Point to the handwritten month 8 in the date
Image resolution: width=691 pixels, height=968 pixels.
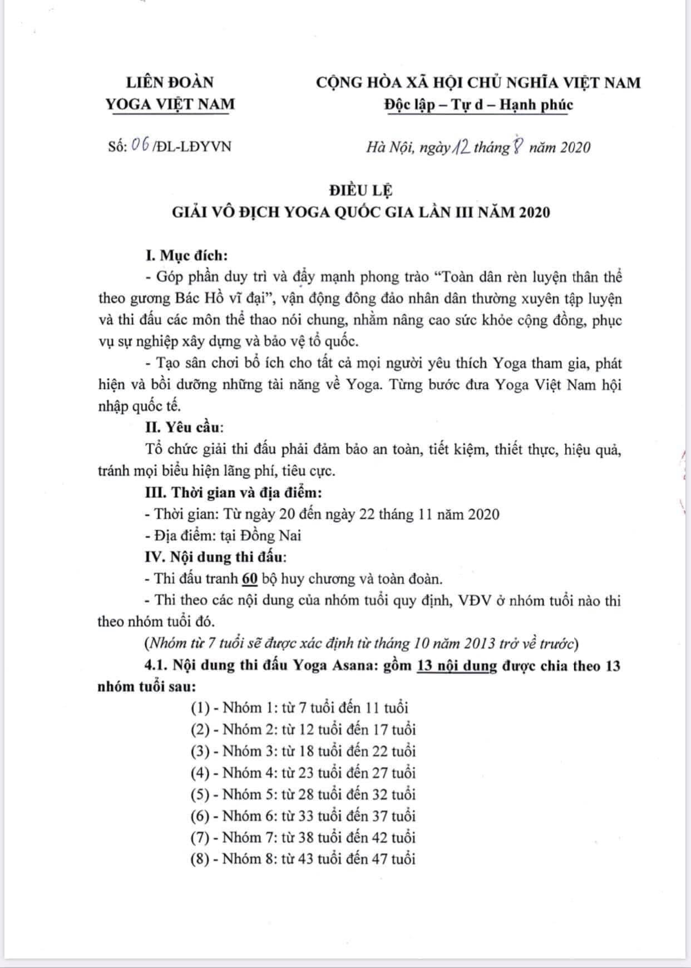tap(517, 147)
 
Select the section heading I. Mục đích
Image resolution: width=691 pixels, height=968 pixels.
tap(186, 255)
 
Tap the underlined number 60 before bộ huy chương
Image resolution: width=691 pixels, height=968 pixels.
tap(250, 579)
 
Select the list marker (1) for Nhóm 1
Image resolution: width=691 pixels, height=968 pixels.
tap(200, 708)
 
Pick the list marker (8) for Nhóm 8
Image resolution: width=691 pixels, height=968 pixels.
tap(200, 859)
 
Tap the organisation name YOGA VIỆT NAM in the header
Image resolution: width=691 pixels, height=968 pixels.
tap(170, 104)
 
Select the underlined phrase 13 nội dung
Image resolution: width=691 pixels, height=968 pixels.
tap(456, 666)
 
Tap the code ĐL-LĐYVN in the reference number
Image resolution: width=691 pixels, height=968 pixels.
tap(195, 146)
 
